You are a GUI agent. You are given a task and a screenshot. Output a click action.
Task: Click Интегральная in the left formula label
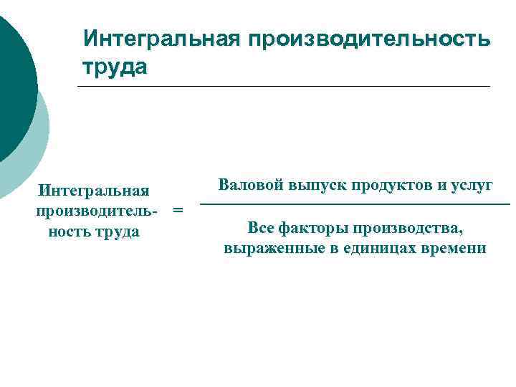pos(94,191)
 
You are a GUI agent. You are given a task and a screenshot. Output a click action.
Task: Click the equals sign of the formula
pos(178,211)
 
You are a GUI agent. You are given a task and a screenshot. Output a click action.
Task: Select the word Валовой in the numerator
pos(251,185)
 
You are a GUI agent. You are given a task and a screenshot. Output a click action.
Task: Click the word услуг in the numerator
pos(469,185)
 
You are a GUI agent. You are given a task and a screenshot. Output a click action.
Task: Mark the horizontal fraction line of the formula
pos(355,206)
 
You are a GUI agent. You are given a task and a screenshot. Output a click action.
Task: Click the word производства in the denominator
pos(401,228)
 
